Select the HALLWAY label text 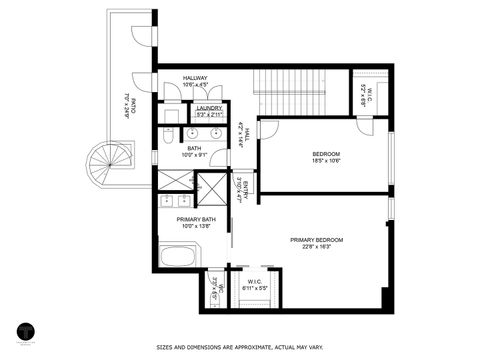click(x=195, y=78)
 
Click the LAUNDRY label click(x=209, y=108)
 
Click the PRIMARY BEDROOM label click(x=316, y=240)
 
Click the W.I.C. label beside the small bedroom click(x=366, y=97)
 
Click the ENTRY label click(x=240, y=190)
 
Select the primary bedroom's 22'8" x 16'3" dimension click(x=316, y=247)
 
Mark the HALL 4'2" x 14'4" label click(x=241, y=134)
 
